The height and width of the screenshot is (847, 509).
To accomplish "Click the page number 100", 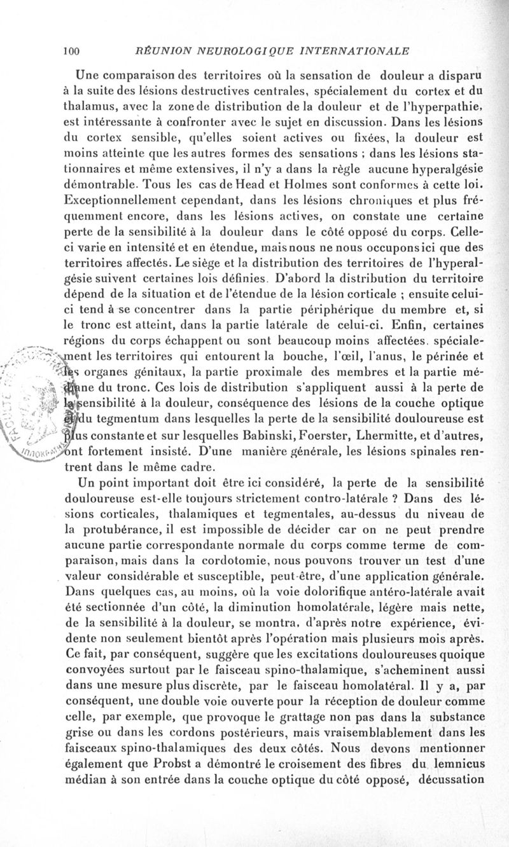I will (x=70, y=50).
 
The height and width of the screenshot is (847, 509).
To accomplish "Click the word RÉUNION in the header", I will (x=155, y=50).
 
